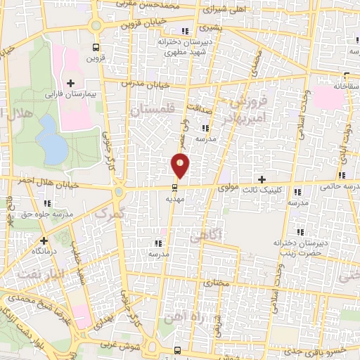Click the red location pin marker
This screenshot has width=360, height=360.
coord(181,165)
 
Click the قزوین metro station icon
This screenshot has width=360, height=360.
coord(96,47)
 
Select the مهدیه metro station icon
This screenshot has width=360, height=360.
coord(175,187)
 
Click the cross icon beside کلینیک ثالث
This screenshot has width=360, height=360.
coord(262,179)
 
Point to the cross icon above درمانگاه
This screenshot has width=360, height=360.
coord(44,240)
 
